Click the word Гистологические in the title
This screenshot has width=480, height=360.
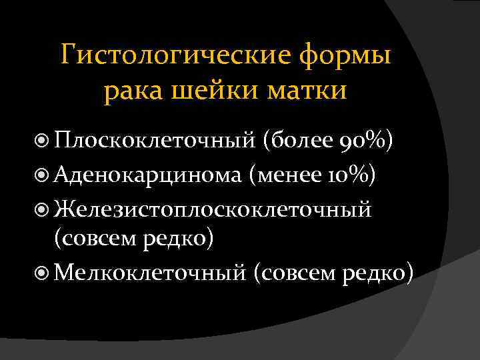pos(176,55)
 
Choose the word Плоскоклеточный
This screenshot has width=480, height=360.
pos(155,141)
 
